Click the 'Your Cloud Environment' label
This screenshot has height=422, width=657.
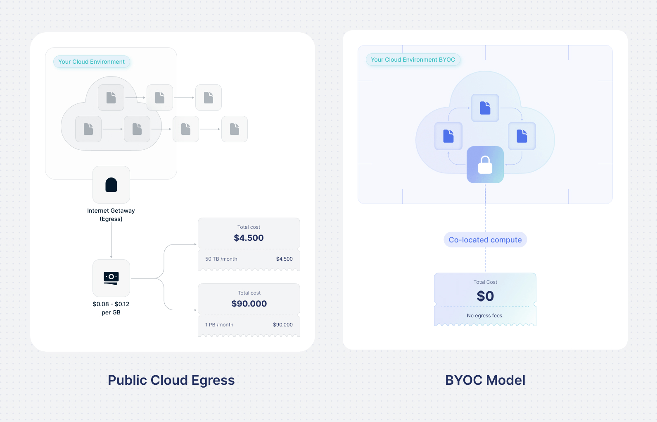[91, 62]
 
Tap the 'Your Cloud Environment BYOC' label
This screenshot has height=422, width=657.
[413, 60]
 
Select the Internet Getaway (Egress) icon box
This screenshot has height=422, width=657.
[111, 185]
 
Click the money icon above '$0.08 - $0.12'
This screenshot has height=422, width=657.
[111, 278]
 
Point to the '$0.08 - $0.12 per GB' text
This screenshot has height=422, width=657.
[111, 308]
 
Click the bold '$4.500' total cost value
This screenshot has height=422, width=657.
[249, 238]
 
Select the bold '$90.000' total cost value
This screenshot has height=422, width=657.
[249, 304]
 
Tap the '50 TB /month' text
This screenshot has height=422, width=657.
[221, 259]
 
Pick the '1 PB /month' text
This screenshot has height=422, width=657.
[219, 325]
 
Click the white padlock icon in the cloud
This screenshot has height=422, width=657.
[485, 165]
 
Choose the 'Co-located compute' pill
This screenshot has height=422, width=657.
[485, 240]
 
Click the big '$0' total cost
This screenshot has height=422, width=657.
[485, 296]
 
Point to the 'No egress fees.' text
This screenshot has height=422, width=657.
[485, 316]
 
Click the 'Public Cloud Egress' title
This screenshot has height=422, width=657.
[171, 380]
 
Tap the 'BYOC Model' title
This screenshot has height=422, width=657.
[485, 380]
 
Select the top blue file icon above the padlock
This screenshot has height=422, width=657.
[485, 108]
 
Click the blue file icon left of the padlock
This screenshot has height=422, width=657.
[448, 136]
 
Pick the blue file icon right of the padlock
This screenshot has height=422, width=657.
[522, 136]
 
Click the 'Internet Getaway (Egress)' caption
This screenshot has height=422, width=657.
[111, 215]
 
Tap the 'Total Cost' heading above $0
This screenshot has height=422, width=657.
[485, 282]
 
